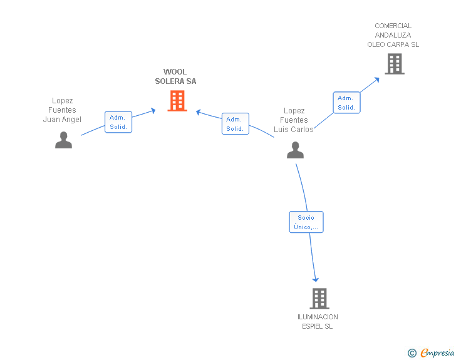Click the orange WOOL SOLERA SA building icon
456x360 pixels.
(177, 101)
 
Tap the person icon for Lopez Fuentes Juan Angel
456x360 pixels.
(63, 140)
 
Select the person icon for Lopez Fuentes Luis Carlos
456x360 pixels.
(295, 150)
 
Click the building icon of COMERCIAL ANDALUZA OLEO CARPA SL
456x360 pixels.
(395, 64)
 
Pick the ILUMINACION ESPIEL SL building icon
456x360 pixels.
(319, 299)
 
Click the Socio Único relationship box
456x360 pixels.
(306, 222)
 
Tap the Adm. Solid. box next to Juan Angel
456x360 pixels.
(118, 122)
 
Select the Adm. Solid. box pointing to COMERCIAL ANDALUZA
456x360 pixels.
(346, 103)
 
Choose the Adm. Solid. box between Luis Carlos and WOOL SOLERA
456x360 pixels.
(236, 124)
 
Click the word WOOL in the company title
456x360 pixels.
(175, 72)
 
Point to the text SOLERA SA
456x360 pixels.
(175, 81)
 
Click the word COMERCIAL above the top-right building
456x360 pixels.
(393, 26)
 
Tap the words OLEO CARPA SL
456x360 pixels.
(393, 44)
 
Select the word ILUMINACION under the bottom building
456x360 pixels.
(318, 317)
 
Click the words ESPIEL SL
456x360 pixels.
(318, 326)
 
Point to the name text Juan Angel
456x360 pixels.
(62, 120)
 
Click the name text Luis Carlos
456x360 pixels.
(293, 130)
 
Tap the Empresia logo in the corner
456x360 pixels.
(431, 352)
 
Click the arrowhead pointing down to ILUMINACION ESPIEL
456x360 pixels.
(316, 280)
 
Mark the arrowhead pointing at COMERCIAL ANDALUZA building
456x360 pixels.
(377, 80)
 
